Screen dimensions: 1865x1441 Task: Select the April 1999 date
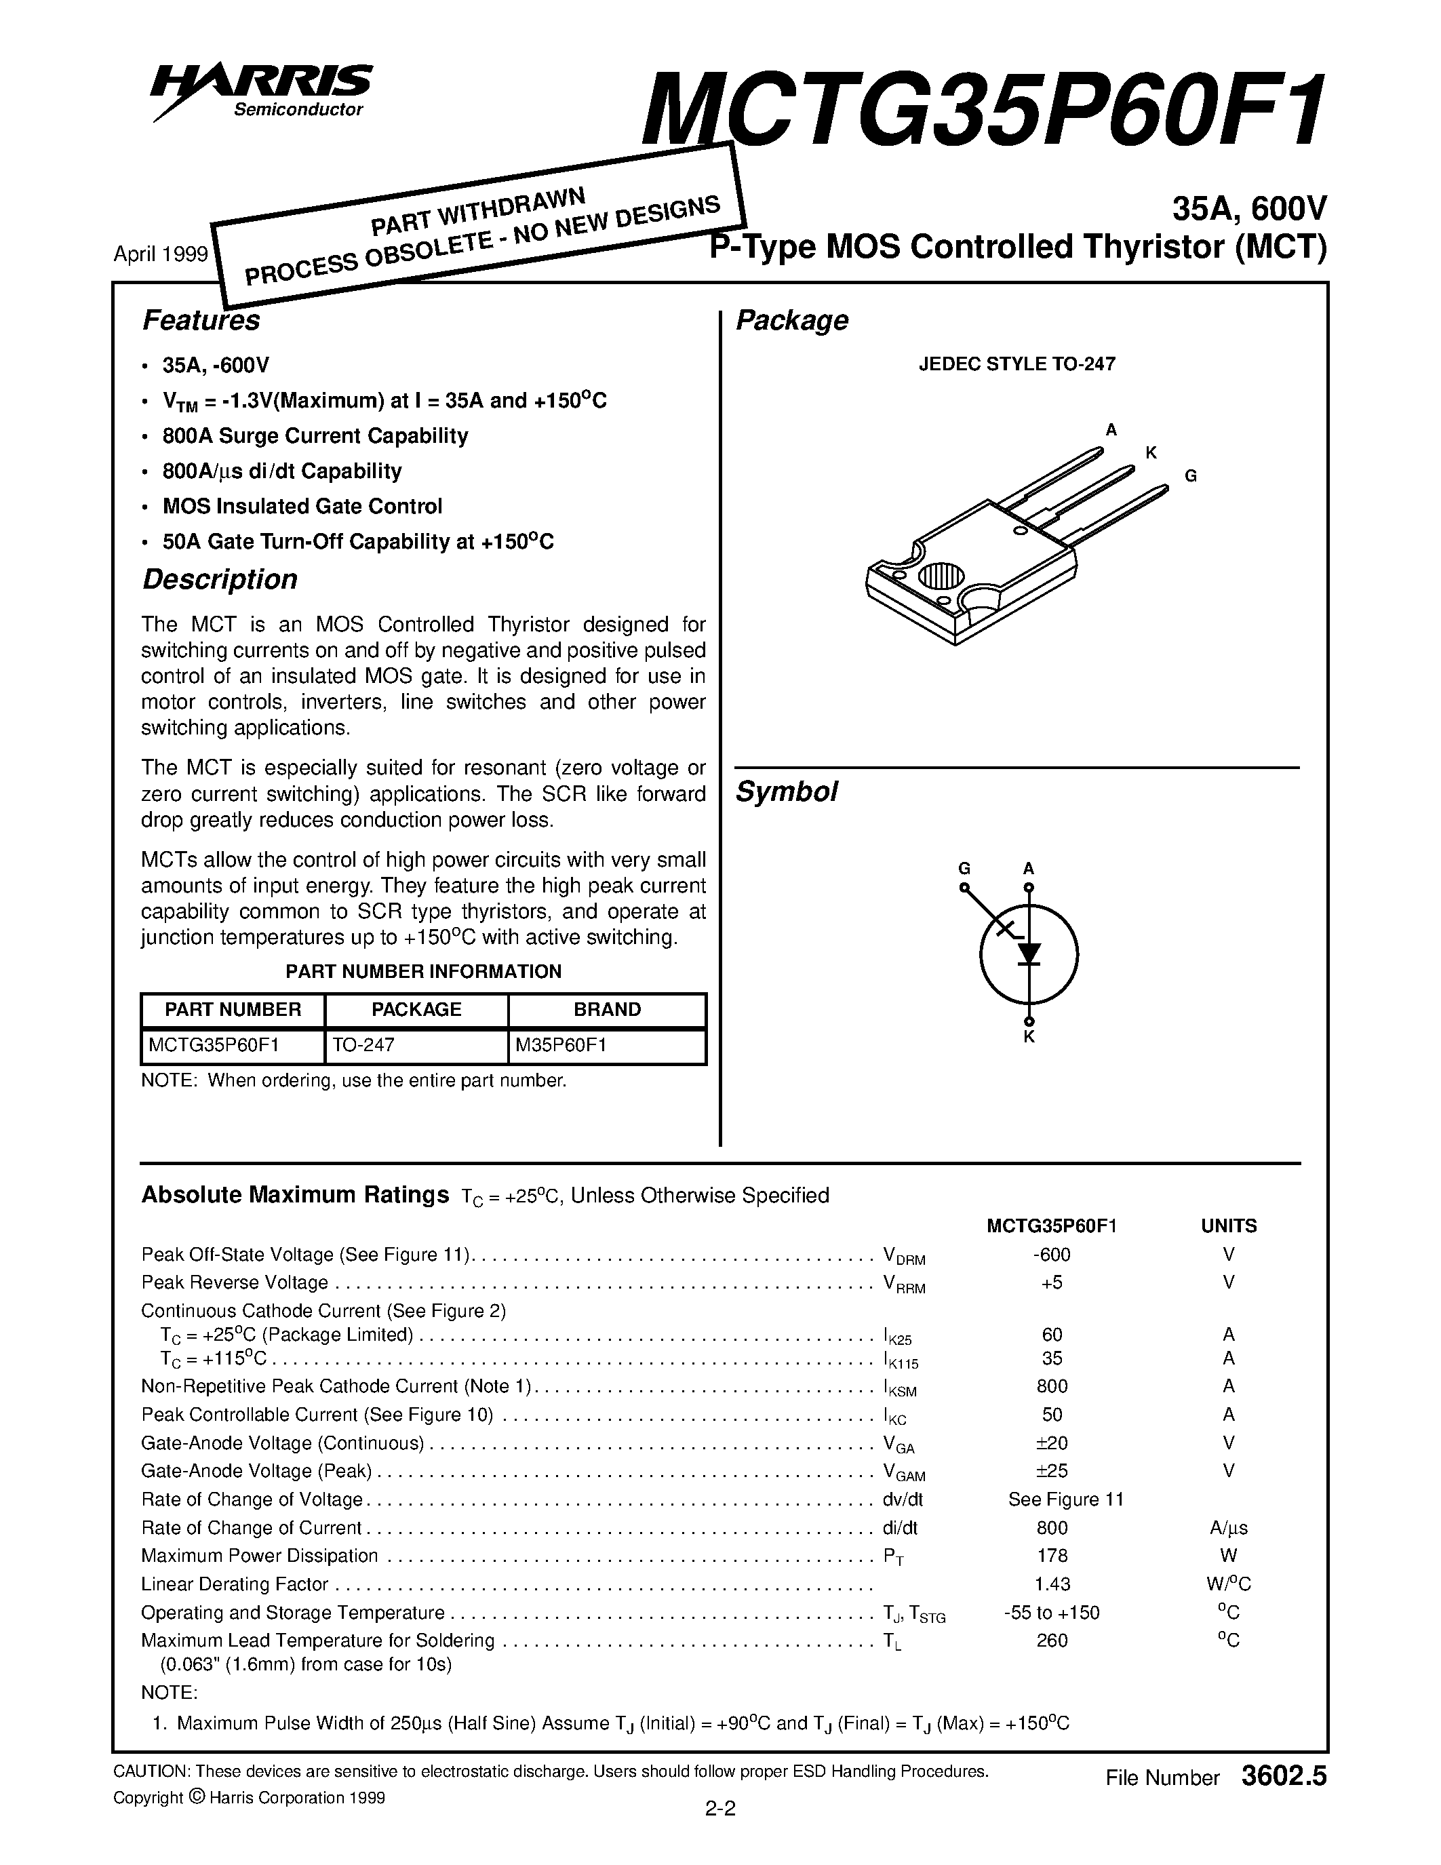[161, 254]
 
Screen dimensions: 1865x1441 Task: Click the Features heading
[201, 320]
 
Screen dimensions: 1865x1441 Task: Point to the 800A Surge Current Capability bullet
[315, 435]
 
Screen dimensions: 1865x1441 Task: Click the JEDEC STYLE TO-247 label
[1016, 364]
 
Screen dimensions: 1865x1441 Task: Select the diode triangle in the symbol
[1029, 952]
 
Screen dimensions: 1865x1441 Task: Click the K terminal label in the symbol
[1029, 1037]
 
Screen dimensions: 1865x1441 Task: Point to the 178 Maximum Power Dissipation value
[1052, 1555]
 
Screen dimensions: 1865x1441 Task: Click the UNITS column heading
[1229, 1225]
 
